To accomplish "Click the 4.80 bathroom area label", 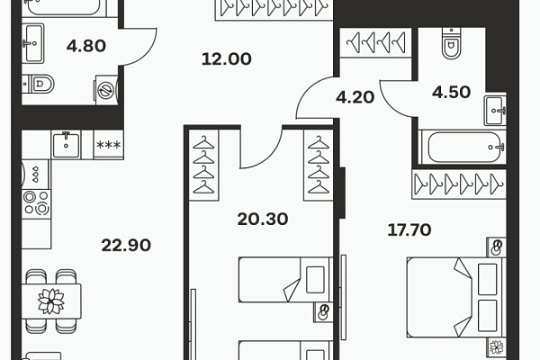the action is (86, 46).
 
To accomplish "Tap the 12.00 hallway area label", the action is (226, 58).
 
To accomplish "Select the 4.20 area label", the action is (355, 97).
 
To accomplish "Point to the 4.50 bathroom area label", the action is (451, 92).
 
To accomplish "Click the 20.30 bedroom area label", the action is (263, 219).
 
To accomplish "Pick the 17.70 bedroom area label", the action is (409, 229).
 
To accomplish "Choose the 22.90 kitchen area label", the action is (126, 246).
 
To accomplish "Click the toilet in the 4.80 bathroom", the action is (38, 84).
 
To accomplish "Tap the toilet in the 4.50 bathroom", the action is (450, 44).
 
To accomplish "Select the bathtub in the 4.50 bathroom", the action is (463, 147).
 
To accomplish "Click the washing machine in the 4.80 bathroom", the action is (107, 90).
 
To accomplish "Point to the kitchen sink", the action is (66, 145).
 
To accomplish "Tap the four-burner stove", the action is (36, 203).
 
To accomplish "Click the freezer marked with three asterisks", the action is (109, 145).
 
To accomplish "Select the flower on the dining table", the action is (51, 301).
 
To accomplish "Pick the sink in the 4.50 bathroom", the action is (495, 111).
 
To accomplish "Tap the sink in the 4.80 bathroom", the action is (33, 43).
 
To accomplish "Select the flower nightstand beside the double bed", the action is (496, 346).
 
